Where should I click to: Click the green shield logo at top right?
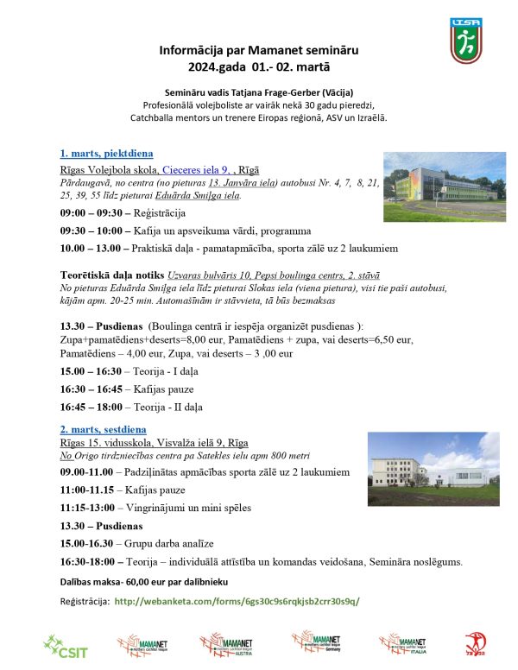point(466,41)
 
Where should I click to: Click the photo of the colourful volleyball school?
point(444,186)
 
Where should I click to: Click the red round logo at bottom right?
point(475,643)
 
